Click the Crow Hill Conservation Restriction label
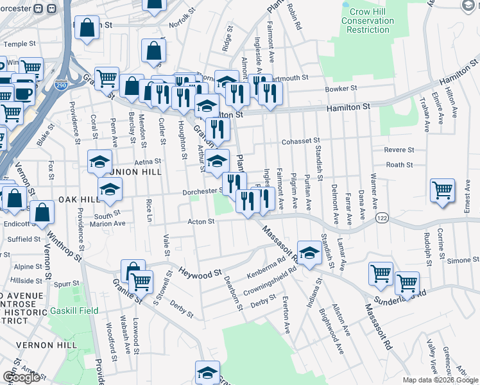[x=368, y=21]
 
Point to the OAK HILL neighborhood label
[x=79, y=200]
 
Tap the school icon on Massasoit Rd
[x=309, y=252]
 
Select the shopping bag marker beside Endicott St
[x=42, y=214]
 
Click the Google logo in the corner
[x=21, y=377]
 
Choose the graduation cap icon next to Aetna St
[x=99, y=161]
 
